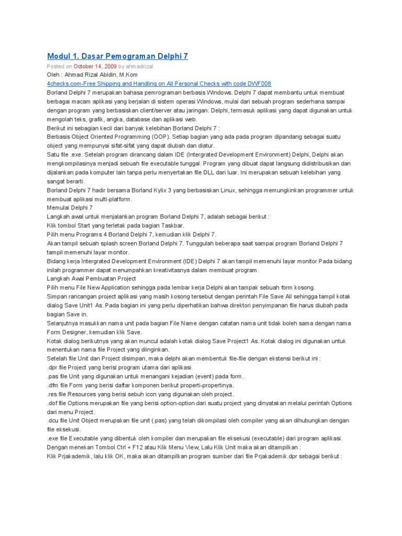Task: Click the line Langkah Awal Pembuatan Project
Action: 92,278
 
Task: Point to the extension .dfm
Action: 53,385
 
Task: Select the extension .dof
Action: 52,403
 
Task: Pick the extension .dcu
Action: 53,420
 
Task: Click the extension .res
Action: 52,394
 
